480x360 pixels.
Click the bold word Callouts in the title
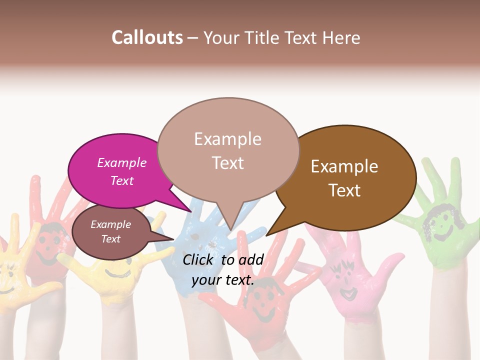(x=147, y=37)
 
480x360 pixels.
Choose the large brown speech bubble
(x=350, y=177)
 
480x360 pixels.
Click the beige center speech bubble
(x=227, y=150)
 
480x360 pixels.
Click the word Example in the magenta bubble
(x=121, y=163)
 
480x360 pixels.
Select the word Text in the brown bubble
(x=344, y=190)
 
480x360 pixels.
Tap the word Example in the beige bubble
(x=227, y=139)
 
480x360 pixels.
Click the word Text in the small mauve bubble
(x=110, y=239)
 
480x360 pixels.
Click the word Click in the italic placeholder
(x=199, y=259)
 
